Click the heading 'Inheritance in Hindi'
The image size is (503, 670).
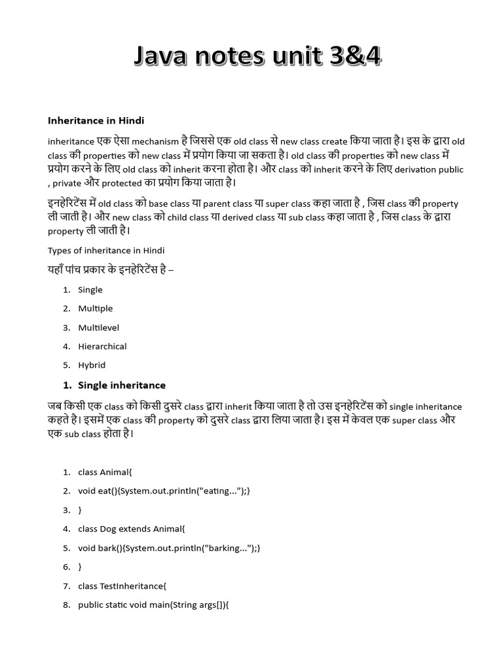coord(96,120)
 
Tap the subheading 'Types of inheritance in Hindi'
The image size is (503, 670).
coord(106,251)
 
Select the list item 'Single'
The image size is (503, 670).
coord(90,290)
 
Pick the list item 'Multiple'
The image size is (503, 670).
coord(95,308)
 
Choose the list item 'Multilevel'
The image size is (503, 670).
coord(98,327)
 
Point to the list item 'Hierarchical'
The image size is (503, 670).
coord(102,346)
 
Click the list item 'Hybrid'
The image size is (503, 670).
coord(92,365)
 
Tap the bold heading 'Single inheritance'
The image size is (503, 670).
coord(122,385)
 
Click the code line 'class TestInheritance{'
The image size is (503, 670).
coord(122,586)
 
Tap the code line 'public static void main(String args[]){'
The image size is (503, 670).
coord(153,605)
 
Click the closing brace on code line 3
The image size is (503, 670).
coord(81,510)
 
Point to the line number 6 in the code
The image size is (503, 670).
coord(66,567)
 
